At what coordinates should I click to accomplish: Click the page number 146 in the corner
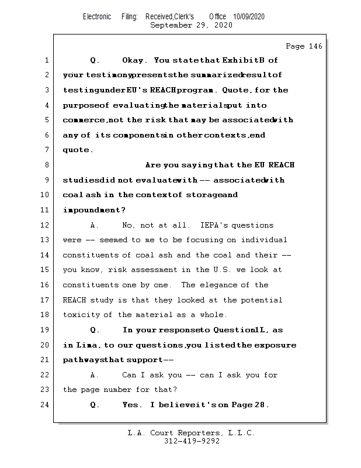(314, 46)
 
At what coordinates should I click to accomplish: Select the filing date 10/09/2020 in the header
(248, 16)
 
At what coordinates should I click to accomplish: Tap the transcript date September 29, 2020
(191, 25)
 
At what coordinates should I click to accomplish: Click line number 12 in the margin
(46, 225)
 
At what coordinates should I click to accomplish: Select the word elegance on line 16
(225, 285)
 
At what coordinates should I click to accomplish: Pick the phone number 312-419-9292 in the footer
(192, 442)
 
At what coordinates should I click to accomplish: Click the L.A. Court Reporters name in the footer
(191, 433)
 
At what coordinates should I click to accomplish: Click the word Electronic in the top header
(97, 16)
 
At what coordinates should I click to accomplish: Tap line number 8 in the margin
(46, 165)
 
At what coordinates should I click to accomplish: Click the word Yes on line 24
(132, 405)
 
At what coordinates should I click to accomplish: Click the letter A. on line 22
(93, 375)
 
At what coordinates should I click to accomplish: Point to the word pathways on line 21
(82, 360)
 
